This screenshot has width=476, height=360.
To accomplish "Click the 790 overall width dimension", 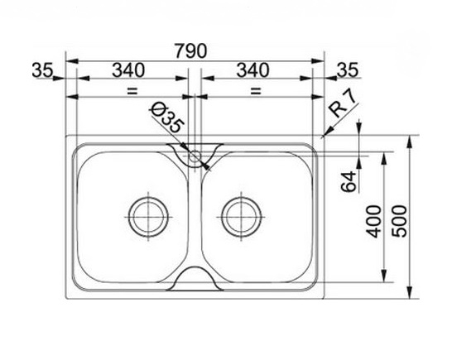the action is click(x=191, y=51).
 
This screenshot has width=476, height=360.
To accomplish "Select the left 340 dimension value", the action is click(x=128, y=70).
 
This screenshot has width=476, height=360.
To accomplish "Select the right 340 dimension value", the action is click(x=252, y=70).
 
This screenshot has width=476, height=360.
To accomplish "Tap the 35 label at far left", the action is click(x=42, y=70).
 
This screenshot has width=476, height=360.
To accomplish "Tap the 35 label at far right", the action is click(x=348, y=70).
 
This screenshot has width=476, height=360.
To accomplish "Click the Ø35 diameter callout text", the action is click(x=167, y=118).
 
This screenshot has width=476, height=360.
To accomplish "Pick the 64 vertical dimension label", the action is click(x=349, y=181).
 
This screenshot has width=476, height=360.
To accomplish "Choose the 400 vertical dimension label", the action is click(x=373, y=221).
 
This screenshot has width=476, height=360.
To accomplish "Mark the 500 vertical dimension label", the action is click(x=399, y=221).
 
